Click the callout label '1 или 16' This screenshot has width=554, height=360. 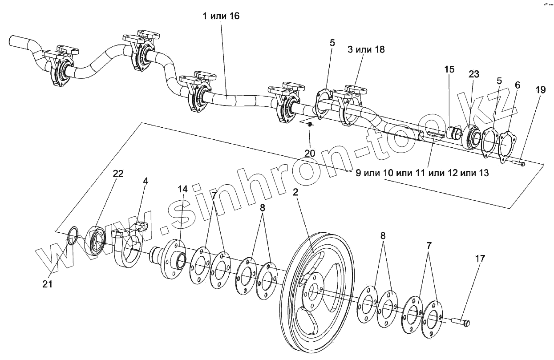click(x=221, y=17)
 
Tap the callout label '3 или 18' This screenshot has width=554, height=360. click(x=366, y=49)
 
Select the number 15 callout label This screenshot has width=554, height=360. click(x=449, y=69)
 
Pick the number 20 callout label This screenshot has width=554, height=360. click(x=310, y=153)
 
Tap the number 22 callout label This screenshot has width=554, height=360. click(x=117, y=174)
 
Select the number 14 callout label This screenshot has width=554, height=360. click(x=183, y=189)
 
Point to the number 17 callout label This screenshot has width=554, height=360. click(x=467, y=259)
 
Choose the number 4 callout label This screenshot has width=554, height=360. click(x=145, y=182)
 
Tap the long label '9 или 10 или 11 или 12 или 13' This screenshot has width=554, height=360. click(x=422, y=173)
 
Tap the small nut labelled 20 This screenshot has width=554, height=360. click(x=310, y=125)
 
